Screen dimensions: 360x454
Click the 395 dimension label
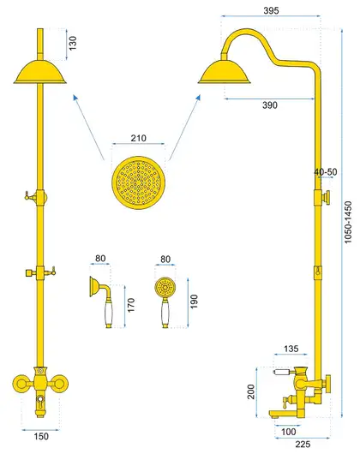(x=271, y=11)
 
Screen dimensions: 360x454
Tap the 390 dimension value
(x=270, y=105)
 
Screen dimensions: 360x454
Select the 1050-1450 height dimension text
(x=348, y=222)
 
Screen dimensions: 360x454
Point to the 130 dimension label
(x=73, y=43)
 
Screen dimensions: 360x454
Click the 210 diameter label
(x=139, y=138)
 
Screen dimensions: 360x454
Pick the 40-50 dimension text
(x=326, y=172)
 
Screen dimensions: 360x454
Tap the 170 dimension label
(x=131, y=305)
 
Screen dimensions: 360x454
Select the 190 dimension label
(x=194, y=302)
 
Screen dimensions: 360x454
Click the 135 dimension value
(x=291, y=349)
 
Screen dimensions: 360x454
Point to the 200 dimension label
(x=251, y=391)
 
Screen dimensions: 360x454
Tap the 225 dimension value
(x=303, y=444)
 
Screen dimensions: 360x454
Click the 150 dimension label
(x=41, y=436)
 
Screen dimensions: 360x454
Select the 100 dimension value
(x=289, y=432)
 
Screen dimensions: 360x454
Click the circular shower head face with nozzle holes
(x=139, y=182)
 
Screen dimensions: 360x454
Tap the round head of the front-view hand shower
(x=165, y=288)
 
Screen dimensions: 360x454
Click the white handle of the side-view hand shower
(x=108, y=312)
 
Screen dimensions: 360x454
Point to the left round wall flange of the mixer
(x=21, y=384)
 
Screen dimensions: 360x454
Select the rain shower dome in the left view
(x=40, y=72)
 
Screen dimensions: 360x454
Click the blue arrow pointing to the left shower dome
(x=88, y=127)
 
